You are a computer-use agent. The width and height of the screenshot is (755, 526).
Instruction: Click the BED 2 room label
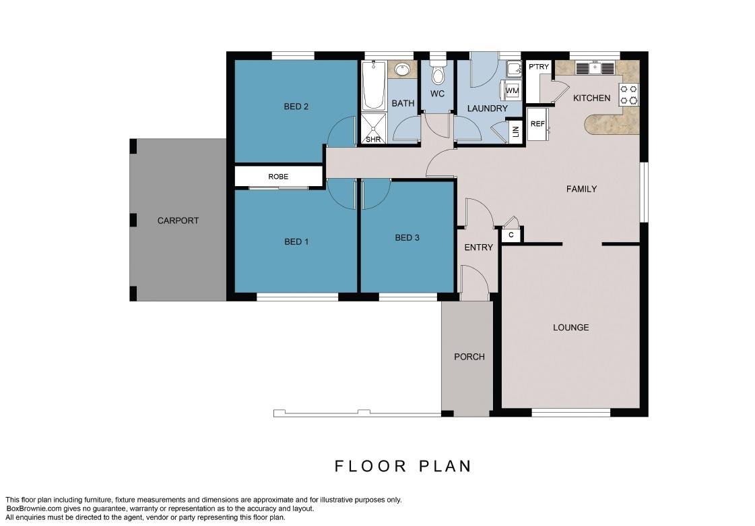click(296, 107)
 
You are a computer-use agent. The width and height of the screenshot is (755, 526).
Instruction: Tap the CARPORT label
click(178, 221)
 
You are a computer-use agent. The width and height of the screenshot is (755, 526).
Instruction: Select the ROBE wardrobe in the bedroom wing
click(278, 177)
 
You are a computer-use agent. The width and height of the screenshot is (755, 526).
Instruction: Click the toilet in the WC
click(438, 72)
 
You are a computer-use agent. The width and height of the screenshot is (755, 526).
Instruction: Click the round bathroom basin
click(402, 70)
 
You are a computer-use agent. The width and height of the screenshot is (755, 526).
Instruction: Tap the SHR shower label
click(373, 140)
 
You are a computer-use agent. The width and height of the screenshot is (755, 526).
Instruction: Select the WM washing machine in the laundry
click(512, 90)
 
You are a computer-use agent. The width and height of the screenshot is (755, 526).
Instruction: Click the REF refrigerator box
click(537, 124)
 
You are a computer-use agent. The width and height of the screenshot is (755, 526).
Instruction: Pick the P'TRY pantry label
click(539, 67)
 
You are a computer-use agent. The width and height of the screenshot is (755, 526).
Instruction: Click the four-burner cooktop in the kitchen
click(628, 95)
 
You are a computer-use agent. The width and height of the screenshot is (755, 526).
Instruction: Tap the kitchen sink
click(595, 68)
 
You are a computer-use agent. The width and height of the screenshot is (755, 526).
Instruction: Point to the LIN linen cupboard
click(515, 131)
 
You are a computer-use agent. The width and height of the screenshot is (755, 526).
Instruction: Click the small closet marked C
click(511, 235)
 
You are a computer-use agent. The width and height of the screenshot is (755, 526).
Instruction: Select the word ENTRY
click(479, 247)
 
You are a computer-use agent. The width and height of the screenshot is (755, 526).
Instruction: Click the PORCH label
click(469, 357)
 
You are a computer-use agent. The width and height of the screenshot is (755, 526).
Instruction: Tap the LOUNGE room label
click(571, 328)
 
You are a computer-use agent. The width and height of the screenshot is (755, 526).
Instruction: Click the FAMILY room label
click(582, 189)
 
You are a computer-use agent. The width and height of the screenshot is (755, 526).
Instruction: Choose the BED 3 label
click(407, 237)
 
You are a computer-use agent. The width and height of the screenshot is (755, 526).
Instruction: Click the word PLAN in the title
click(445, 466)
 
